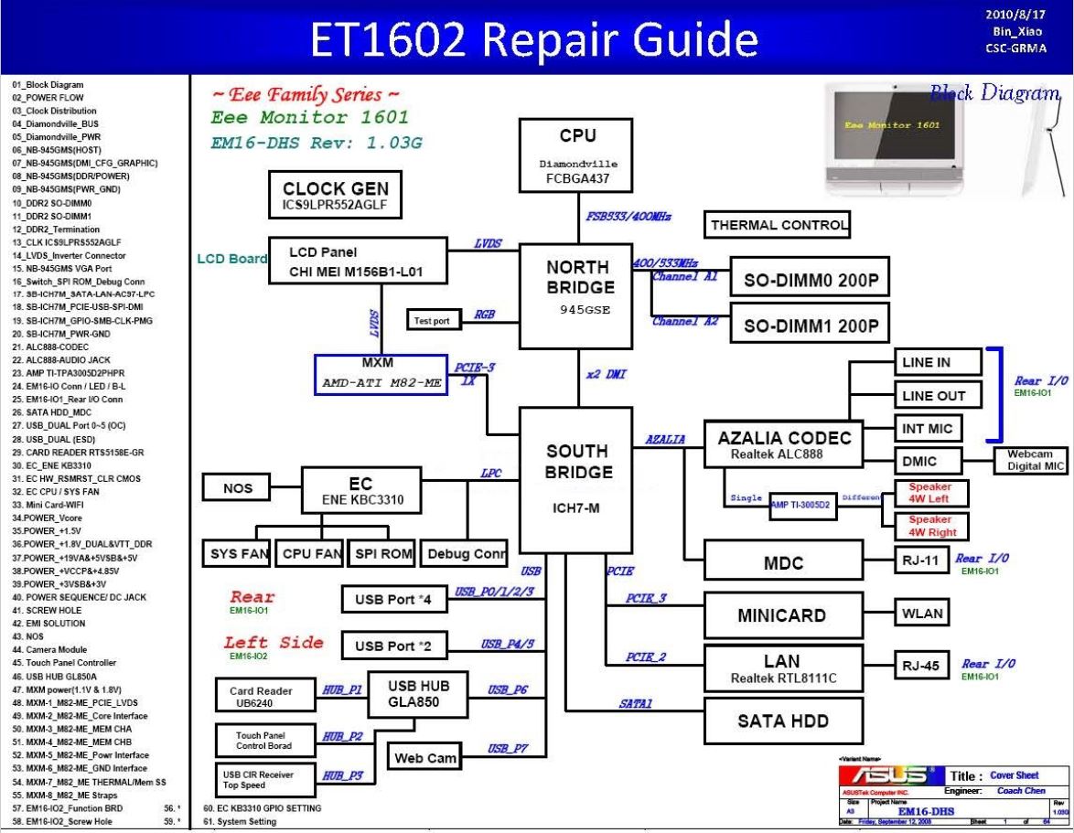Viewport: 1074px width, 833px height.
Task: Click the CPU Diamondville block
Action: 577,156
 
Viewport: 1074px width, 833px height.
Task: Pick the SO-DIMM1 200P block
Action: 811,326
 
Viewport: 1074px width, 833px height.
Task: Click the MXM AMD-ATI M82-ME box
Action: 381,374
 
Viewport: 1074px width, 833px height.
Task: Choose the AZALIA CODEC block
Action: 784,444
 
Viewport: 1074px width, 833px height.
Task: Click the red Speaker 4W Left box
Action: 929,493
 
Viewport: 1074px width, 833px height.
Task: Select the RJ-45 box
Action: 920,666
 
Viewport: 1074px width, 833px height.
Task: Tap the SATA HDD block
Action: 783,721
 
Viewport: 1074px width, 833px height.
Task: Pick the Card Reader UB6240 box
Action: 261,698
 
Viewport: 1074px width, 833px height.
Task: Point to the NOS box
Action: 238,488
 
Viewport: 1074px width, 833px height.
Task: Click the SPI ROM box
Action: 383,553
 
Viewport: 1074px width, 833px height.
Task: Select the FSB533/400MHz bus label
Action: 628,217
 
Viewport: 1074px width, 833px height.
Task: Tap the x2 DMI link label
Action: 606,375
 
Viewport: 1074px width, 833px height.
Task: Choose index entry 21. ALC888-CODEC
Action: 51,347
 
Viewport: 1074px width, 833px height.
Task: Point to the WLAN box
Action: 920,614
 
